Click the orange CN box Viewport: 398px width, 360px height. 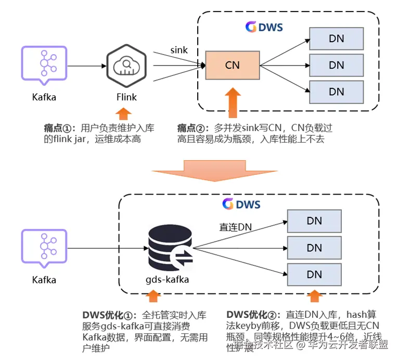tap(232, 65)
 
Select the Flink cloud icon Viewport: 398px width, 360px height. tap(125, 66)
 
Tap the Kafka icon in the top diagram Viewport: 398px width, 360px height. tap(44, 66)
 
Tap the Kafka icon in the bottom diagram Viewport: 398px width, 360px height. tap(44, 248)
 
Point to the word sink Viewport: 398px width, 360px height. tap(179, 50)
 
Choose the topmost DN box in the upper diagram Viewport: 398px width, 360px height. tap(336, 38)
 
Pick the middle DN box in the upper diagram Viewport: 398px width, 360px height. tap(336, 65)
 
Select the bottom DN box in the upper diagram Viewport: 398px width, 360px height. tap(336, 92)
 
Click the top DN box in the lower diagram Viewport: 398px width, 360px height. tap(314, 221)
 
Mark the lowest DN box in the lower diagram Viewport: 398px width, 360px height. tap(314, 275)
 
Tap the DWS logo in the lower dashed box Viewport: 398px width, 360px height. tap(241, 204)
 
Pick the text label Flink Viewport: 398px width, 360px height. tap(126, 97)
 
